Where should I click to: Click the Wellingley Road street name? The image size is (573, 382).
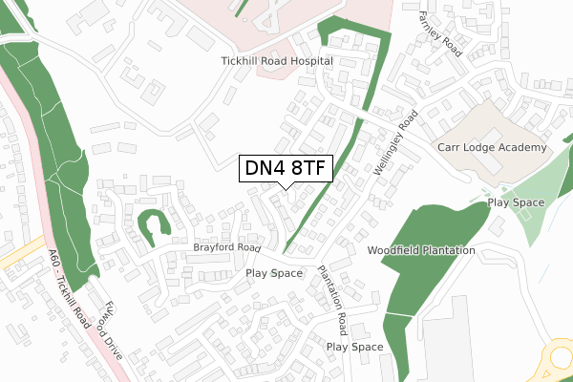point(396,144)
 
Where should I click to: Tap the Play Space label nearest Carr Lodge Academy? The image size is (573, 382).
point(516,202)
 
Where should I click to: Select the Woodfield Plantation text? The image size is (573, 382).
point(421,250)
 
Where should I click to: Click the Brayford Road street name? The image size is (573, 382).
point(226,247)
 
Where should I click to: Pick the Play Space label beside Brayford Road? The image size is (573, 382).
point(274,273)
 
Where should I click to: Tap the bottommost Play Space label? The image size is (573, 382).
point(354,347)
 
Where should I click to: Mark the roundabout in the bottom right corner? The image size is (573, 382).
point(561,358)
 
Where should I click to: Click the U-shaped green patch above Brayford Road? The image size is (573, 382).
point(153,223)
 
